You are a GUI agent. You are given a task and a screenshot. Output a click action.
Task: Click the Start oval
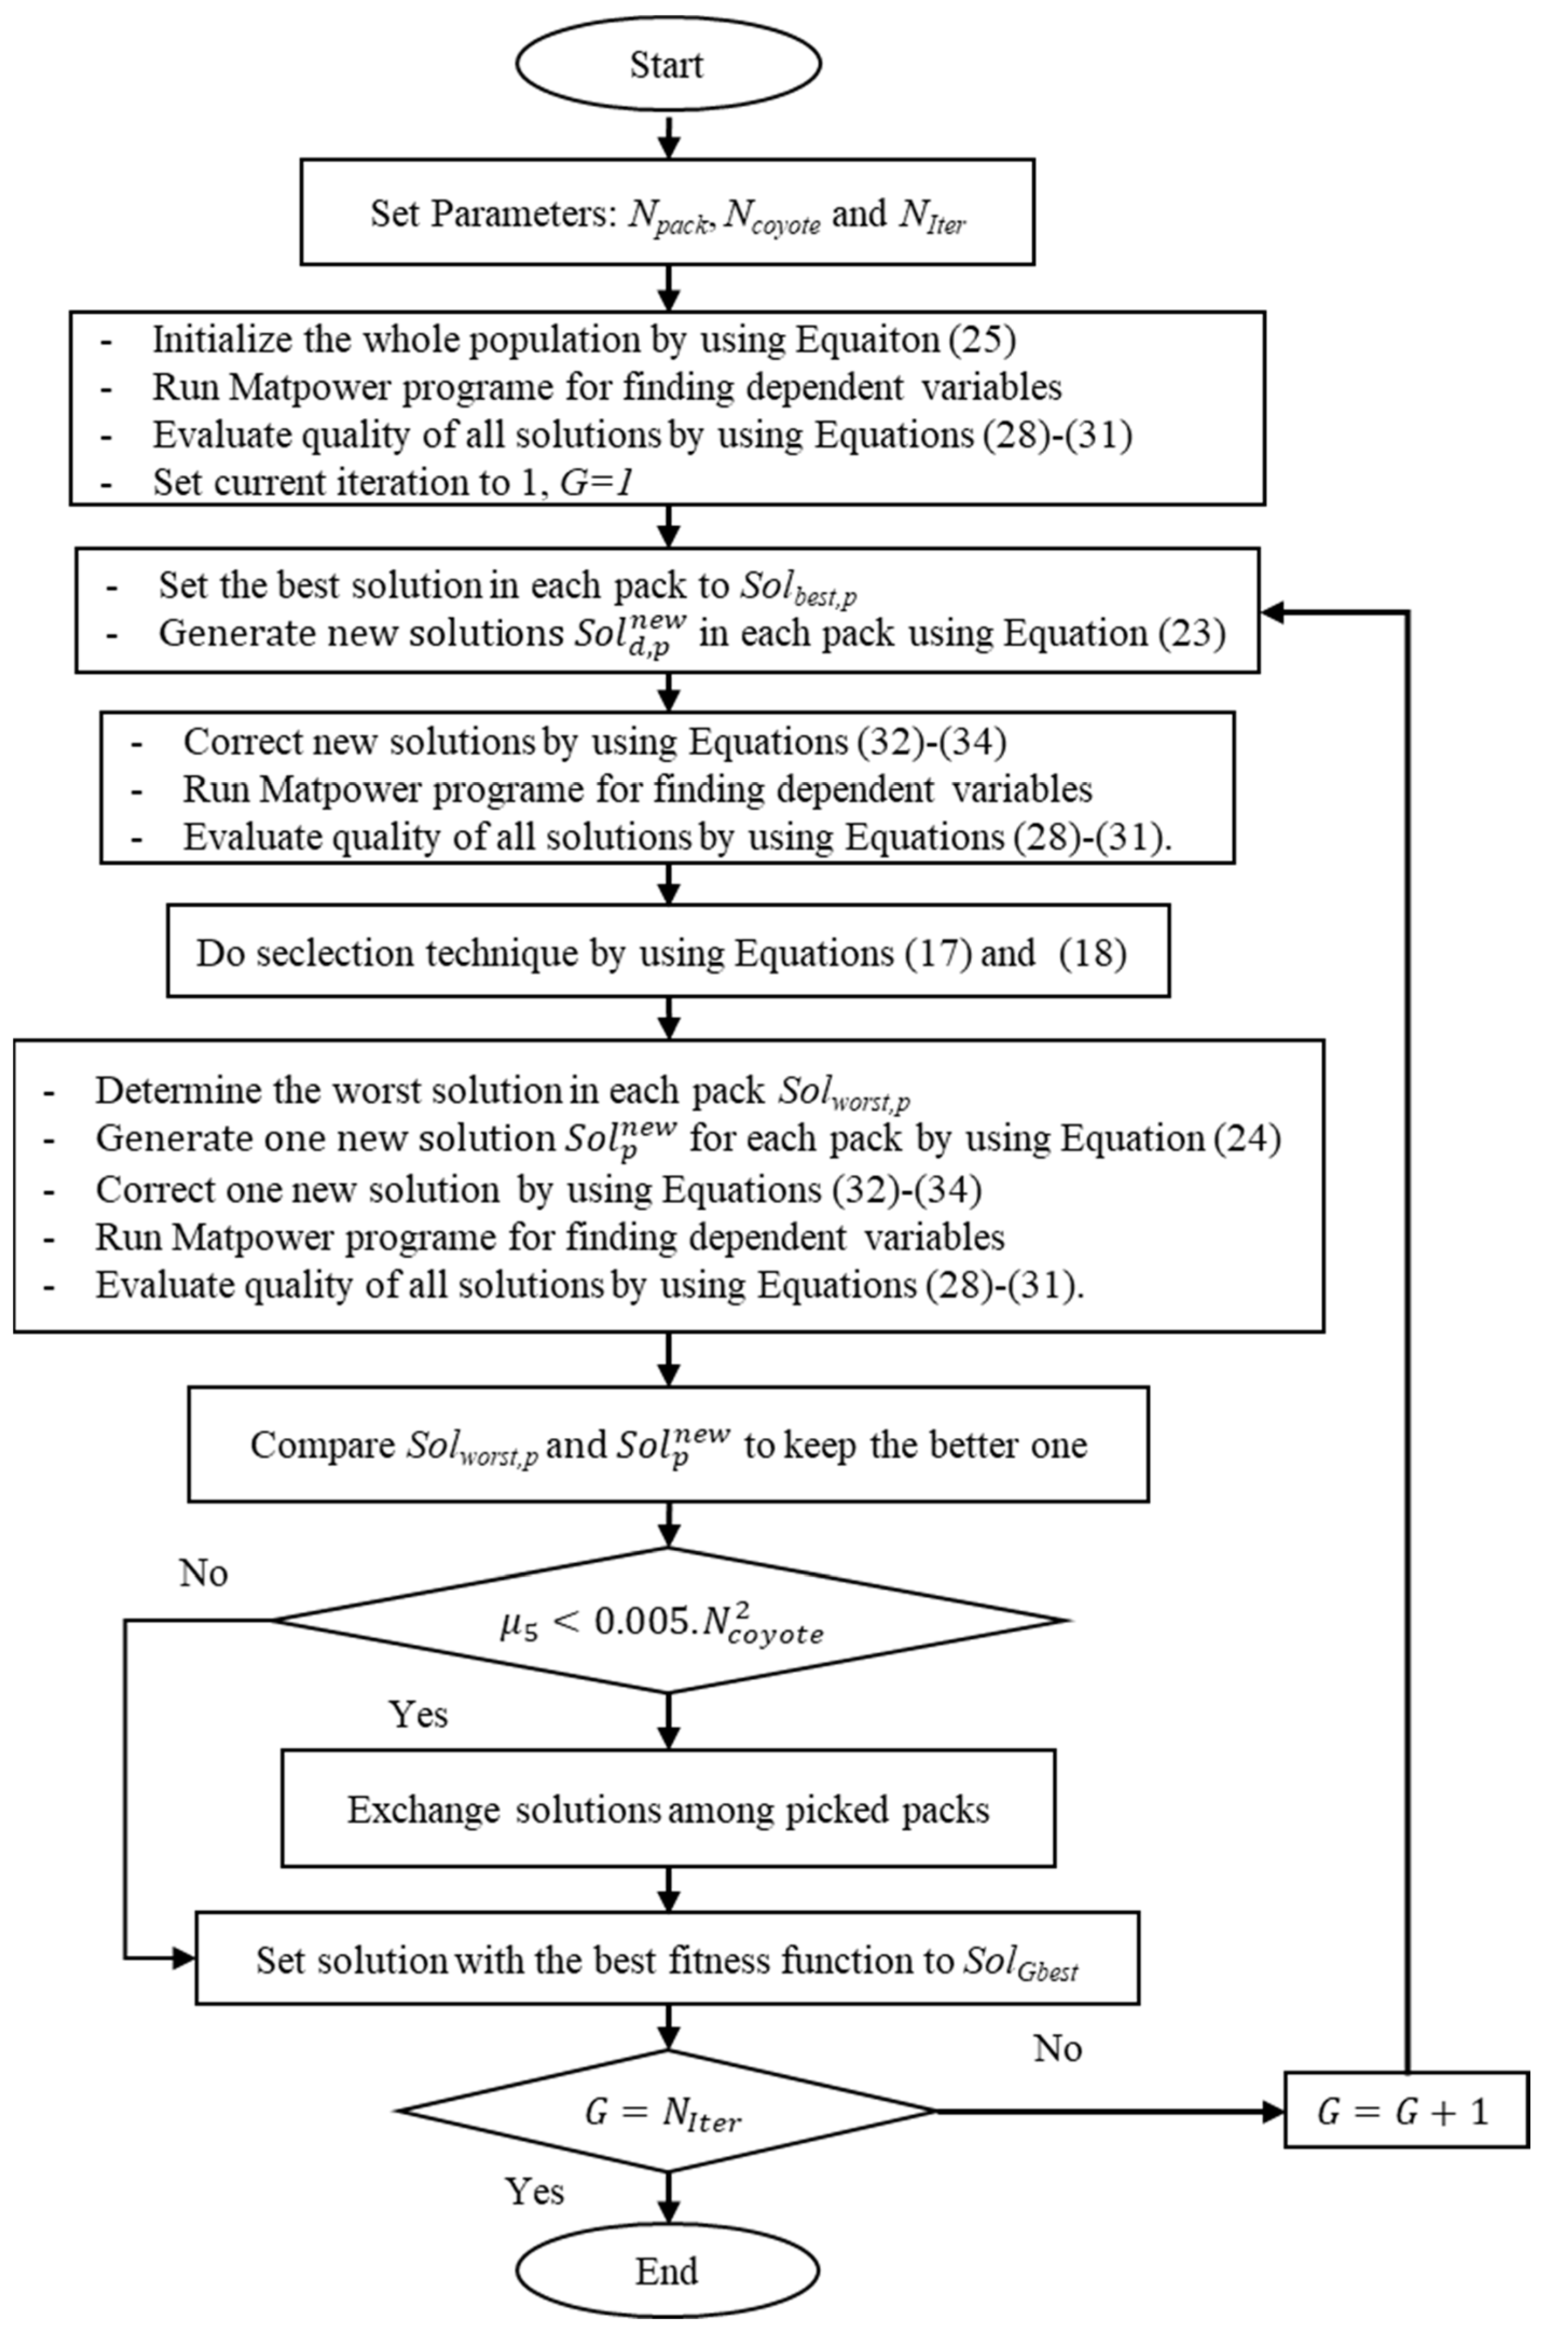pos(668,64)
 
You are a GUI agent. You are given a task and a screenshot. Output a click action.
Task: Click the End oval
pos(668,2270)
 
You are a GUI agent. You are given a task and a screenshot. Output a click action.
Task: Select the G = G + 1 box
pos(1405,2112)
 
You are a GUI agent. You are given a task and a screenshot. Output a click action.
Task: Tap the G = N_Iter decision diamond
pos(666,2112)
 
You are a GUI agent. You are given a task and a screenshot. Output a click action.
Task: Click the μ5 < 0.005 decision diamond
pos(668,1621)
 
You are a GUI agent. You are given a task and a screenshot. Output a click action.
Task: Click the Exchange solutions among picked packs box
pos(668,1809)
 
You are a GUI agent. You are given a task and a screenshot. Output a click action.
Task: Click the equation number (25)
pos(983,340)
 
